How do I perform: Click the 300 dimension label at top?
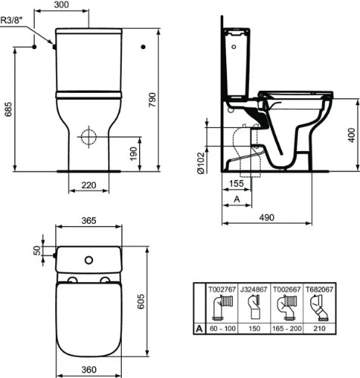[x=61, y=5]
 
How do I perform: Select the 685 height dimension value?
[x=8, y=109]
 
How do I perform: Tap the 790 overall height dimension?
[x=152, y=100]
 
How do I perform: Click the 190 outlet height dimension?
[x=133, y=153]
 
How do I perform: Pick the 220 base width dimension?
[x=88, y=185]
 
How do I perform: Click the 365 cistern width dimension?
[x=88, y=221]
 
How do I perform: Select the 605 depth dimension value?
[x=141, y=301]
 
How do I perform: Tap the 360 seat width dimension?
[x=88, y=370]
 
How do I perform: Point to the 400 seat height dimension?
[x=352, y=135]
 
